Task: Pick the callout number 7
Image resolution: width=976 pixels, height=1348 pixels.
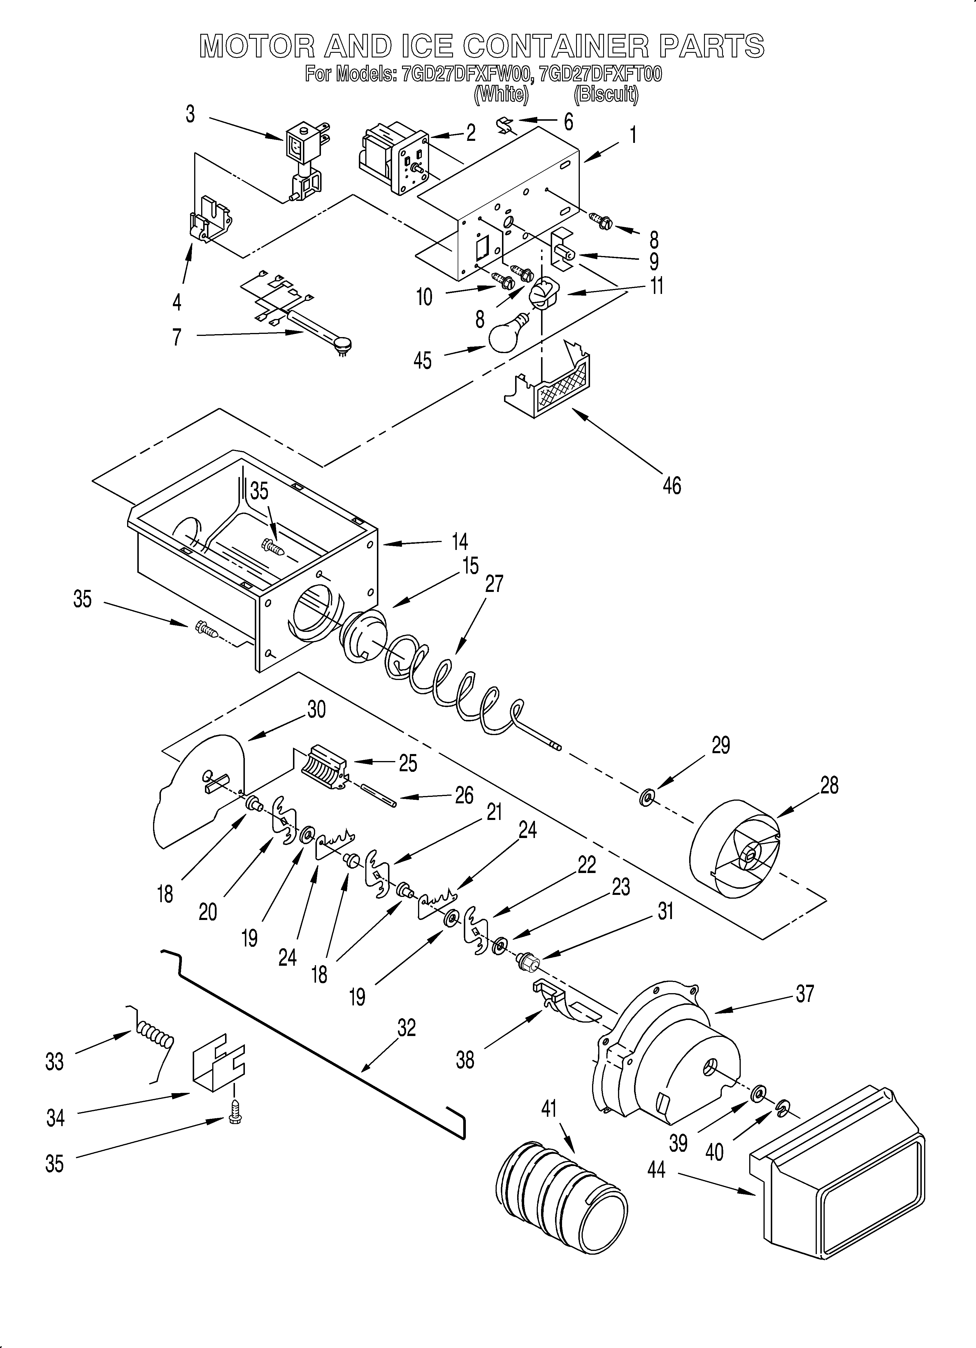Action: [177, 337]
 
